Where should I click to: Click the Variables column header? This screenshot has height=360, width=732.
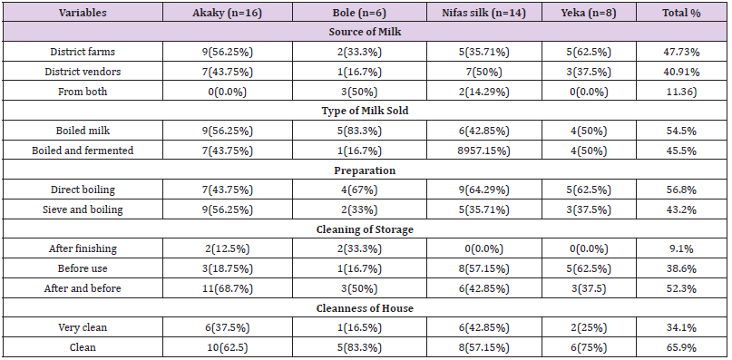pyautogui.click(x=83, y=13)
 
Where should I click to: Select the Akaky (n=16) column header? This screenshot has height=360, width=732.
pyautogui.click(x=228, y=13)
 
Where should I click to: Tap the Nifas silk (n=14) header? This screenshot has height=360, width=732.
pyautogui.click(x=484, y=13)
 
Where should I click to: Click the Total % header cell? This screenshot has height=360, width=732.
pyautogui.click(x=681, y=13)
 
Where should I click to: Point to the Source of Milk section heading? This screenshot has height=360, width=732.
pyautogui.click(x=365, y=33)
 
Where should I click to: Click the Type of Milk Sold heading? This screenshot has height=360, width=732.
pyautogui.click(x=365, y=111)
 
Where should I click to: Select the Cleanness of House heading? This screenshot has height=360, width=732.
pyautogui.click(x=365, y=308)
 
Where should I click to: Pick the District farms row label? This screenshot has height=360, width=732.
pyautogui.click(x=83, y=52)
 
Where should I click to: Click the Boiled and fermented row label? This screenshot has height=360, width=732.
pyautogui.click(x=83, y=151)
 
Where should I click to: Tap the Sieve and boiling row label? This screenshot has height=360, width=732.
pyautogui.click(x=83, y=209)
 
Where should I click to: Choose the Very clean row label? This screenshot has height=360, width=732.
pyautogui.click(x=83, y=327)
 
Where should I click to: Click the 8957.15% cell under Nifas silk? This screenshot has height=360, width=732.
pyautogui.click(x=484, y=151)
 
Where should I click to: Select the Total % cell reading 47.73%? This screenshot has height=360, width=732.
pyautogui.click(x=681, y=52)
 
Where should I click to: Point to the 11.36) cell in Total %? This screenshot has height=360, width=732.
pyautogui.click(x=681, y=92)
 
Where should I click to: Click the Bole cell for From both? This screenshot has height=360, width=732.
pyautogui.click(x=359, y=92)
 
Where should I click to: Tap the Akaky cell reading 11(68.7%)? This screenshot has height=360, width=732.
pyautogui.click(x=228, y=288)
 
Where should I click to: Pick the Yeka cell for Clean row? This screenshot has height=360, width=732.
pyautogui.click(x=589, y=348)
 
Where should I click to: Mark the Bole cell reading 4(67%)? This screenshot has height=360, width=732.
pyautogui.click(x=359, y=190)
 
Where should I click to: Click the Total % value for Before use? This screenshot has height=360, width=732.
pyautogui.click(x=681, y=268)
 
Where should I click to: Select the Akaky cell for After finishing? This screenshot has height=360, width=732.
pyautogui.click(x=228, y=248)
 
